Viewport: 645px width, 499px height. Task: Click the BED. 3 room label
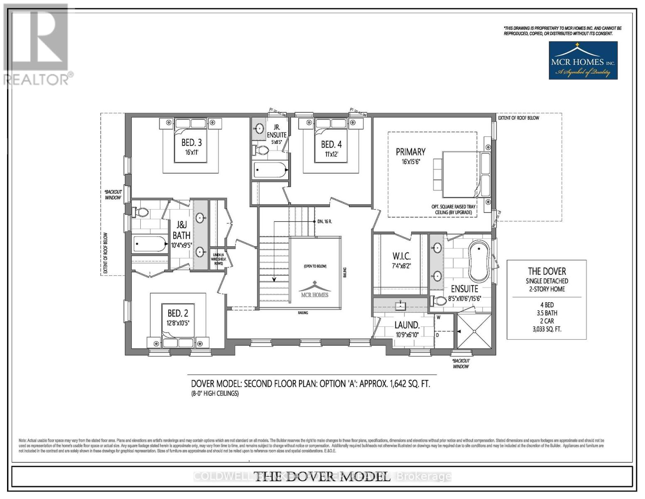[191, 142]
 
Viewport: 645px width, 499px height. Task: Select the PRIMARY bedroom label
[410, 152]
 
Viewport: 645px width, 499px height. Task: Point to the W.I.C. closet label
[401, 255]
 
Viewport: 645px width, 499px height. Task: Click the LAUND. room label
[407, 325]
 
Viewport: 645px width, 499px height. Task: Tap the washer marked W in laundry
[438, 317]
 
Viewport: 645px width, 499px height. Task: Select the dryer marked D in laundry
[438, 335]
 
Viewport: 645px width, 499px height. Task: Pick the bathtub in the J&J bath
[150, 244]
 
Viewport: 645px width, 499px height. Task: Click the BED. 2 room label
[178, 313]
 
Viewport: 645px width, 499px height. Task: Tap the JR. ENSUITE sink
[260, 128]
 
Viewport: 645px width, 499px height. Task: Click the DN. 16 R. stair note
[324, 222]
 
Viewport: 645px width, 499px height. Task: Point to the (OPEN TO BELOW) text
[315, 266]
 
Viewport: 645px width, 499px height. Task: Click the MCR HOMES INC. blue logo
[583, 61]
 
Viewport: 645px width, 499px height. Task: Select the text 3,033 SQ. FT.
[547, 329]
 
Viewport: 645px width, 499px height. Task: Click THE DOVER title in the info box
[547, 271]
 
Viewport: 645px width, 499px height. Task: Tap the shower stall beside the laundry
[473, 331]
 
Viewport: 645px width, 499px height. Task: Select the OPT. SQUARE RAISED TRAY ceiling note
[453, 209]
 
